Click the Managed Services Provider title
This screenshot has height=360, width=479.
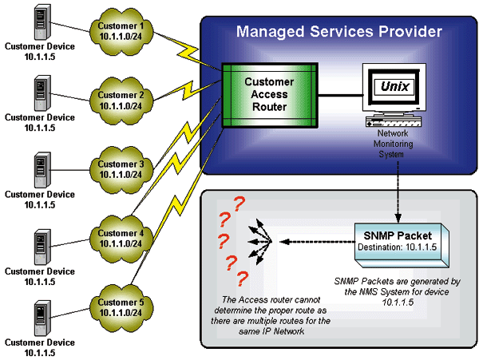pos(339,33)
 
